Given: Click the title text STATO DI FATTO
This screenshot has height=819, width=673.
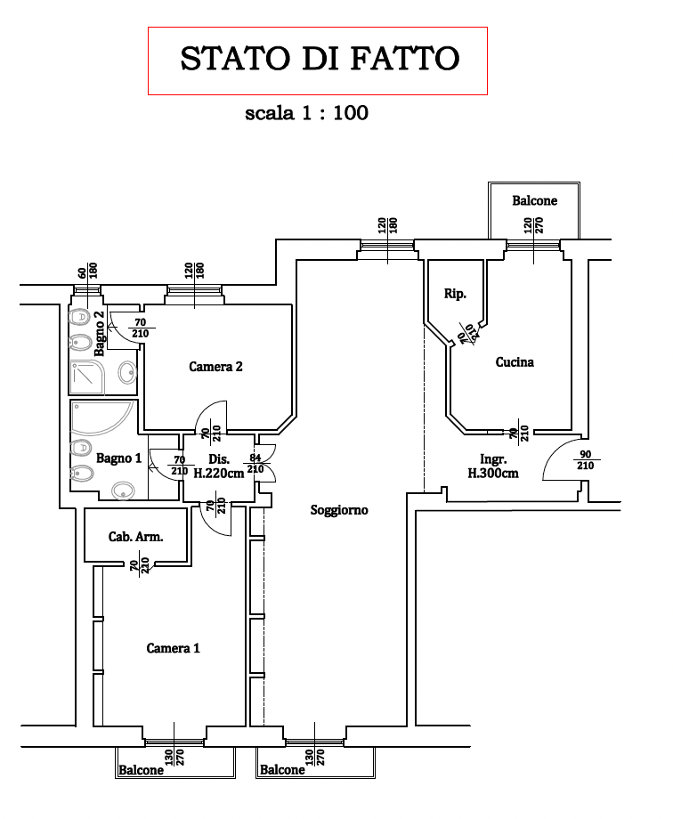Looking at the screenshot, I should [x=320, y=60].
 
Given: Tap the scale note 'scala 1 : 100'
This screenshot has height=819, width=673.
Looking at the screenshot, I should [x=306, y=113].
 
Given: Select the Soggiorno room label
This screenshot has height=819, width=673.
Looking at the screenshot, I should [x=339, y=510].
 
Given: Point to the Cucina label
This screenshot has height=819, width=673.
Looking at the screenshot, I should [x=515, y=362].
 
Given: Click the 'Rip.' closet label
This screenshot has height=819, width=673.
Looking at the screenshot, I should [x=455, y=294].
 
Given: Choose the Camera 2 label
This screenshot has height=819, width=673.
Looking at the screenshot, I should [x=216, y=366].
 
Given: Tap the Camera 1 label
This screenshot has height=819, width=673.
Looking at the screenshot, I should [x=173, y=648].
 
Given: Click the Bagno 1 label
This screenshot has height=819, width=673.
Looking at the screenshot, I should [x=119, y=458].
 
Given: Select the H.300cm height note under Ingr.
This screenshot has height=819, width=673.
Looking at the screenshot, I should [x=493, y=474].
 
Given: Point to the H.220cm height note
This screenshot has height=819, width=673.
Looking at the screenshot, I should [x=219, y=474].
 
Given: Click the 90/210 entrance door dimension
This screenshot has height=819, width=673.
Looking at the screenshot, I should [x=585, y=459].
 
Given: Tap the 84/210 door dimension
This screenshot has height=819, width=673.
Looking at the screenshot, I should [x=255, y=463].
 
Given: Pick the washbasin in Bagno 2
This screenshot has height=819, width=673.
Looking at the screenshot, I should [x=126, y=374].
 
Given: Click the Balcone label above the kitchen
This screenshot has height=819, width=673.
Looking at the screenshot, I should [x=534, y=200].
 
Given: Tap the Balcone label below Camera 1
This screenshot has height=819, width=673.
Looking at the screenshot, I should [x=142, y=770].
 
